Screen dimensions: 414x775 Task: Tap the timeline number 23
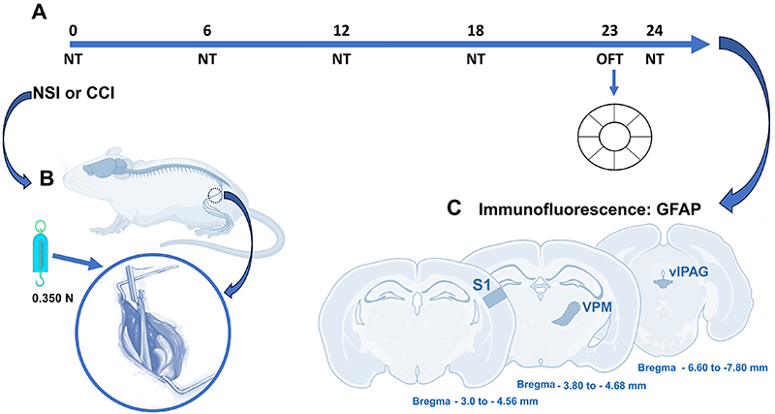(610, 31)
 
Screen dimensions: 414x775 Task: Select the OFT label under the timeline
(610, 60)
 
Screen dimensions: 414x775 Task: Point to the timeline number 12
(340, 31)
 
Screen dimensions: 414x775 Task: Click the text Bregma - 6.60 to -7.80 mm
(701, 367)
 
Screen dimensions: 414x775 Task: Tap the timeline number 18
(475, 31)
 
